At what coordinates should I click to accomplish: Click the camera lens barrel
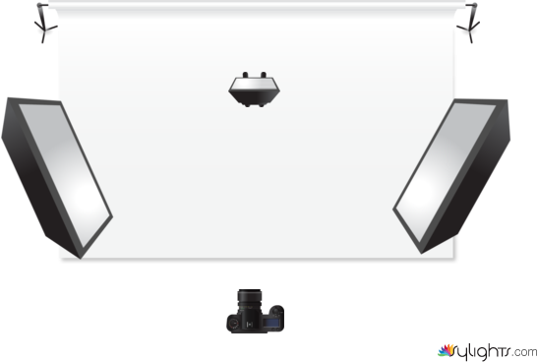250,300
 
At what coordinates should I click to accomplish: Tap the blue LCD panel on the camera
271,323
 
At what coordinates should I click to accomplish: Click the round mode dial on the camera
234,324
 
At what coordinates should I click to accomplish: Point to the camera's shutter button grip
276,311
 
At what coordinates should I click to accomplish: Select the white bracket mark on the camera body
250,324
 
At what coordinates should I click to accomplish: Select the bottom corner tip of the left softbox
81,259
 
